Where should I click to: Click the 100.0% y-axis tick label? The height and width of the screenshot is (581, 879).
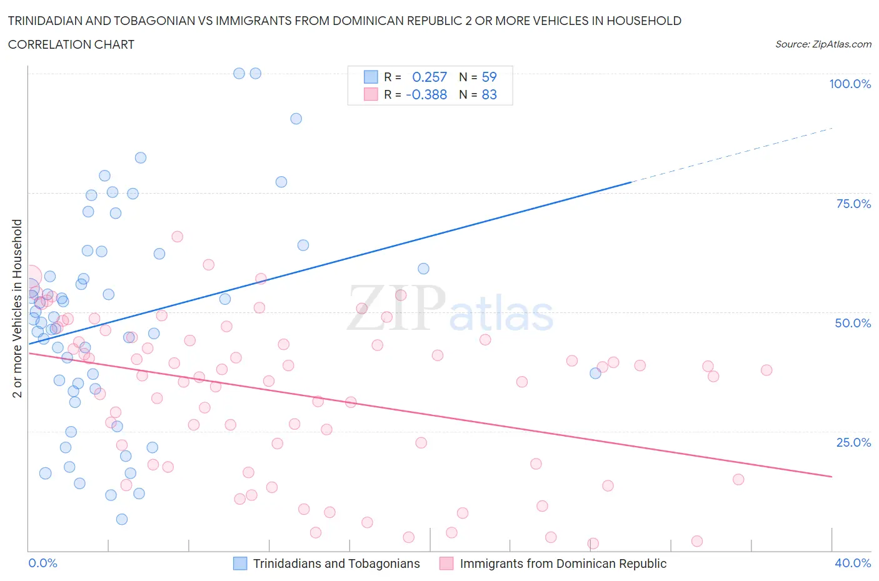pyautogui.click(x=850, y=84)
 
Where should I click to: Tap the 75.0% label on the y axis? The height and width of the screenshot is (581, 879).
pyautogui.click(x=853, y=204)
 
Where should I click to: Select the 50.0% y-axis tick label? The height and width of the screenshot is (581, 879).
pyautogui.click(x=853, y=323)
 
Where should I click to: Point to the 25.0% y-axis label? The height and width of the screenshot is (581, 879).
pyautogui.click(x=853, y=442)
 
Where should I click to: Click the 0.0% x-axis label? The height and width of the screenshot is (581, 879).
pyautogui.click(x=43, y=563)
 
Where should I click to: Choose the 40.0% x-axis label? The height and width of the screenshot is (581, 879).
pyautogui.click(x=853, y=563)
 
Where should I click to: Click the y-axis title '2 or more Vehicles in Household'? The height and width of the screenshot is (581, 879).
pyautogui.click(x=18, y=308)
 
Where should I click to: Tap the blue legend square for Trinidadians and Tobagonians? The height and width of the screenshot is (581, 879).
pyautogui.click(x=240, y=564)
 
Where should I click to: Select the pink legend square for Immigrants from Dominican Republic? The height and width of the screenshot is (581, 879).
pyautogui.click(x=446, y=564)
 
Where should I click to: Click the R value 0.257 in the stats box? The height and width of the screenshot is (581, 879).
pyautogui.click(x=429, y=77)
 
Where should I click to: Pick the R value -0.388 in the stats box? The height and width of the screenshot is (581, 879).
pyautogui.click(x=426, y=94)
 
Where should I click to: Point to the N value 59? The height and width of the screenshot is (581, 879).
pyautogui.click(x=489, y=77)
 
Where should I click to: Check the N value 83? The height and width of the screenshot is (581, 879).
pyautogui.click(x=489, y=94)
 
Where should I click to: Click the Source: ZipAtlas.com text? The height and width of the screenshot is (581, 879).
pyautogui.click(x=823, y=44)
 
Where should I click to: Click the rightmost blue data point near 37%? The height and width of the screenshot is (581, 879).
pyautogui.click(x=595, y=373)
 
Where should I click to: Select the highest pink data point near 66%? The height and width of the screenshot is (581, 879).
pyautogui.click(x=177, y=236)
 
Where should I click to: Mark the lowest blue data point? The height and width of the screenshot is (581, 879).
pyautogui.click(x=122, y=519)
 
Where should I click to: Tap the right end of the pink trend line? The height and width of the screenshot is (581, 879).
pyautogui.click(x=831, y=477)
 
